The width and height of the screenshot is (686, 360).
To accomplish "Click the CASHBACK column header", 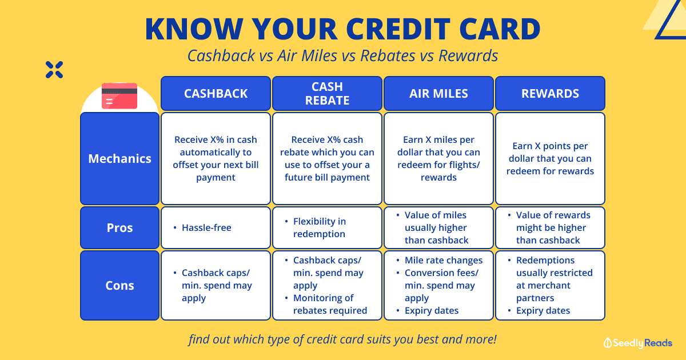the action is pos(216,93).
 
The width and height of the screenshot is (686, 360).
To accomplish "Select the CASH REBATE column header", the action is pos(327,93).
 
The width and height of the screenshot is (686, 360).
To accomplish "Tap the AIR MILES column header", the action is pos(438,93).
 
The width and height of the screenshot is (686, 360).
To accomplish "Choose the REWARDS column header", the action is pos(550,93).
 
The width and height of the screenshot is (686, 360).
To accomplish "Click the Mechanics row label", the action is pos(119,159).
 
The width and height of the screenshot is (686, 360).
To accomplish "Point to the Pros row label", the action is pos(119,228).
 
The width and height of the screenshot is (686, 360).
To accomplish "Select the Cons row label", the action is pos(119,285).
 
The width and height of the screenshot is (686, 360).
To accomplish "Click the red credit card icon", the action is pos(119,96).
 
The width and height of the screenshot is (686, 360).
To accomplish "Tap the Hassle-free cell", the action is pos(216,228).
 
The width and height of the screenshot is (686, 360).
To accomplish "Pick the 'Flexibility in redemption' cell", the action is pos(327,228).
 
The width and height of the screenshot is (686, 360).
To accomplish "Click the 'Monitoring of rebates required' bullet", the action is pos(326,304).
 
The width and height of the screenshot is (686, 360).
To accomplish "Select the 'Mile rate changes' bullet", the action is pos(439,260).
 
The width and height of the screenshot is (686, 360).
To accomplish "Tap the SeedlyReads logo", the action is pos(637,343).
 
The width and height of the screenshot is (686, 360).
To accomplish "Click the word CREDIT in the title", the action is pos(398,29).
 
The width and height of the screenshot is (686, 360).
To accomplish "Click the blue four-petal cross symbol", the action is pos(54,70).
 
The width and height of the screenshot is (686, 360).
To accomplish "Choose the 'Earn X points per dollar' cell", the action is pos(550,159).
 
